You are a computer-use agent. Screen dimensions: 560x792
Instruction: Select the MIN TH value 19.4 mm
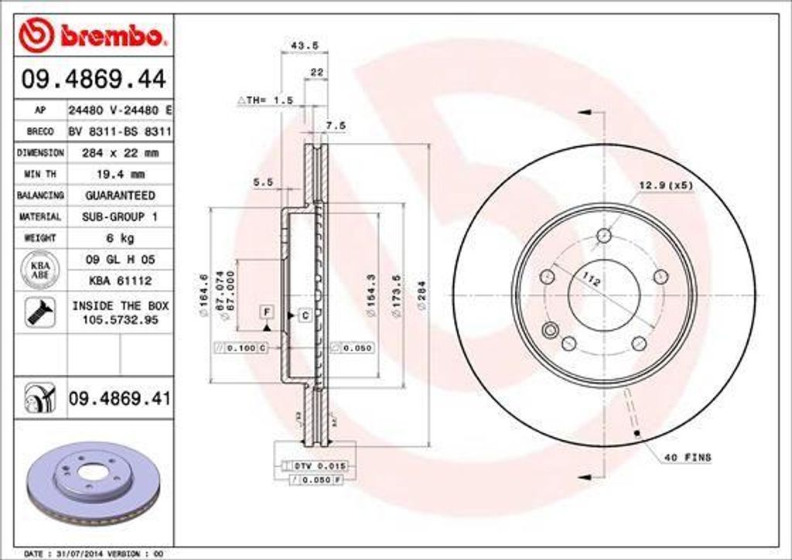point(121,174)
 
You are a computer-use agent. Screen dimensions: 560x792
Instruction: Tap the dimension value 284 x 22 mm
point(120,153)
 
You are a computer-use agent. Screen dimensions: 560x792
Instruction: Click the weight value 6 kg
point(120,237)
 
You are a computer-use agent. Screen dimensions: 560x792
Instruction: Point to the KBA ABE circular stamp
point(39,270)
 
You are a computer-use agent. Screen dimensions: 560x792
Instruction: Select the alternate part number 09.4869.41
point(119,398)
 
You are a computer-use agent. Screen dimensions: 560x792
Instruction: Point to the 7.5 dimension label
point(335,125)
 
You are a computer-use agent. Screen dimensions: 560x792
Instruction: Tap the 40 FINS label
point(687,458)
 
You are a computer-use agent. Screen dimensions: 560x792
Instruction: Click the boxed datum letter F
point(267,312)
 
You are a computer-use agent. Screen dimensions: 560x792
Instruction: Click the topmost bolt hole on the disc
point(605,236)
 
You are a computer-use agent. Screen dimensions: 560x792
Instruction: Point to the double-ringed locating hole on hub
point(551,331)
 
